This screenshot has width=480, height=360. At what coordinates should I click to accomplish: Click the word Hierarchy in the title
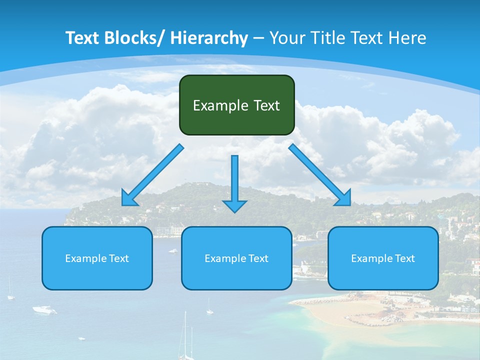coord(208,38)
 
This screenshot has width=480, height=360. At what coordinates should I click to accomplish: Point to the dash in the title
coord(258,38)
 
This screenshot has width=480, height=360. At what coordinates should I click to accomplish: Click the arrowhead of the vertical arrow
coord(234,205)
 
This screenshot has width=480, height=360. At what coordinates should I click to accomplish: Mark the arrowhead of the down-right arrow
coord(344,198)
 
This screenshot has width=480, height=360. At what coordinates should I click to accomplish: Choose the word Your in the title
coord(285,38)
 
